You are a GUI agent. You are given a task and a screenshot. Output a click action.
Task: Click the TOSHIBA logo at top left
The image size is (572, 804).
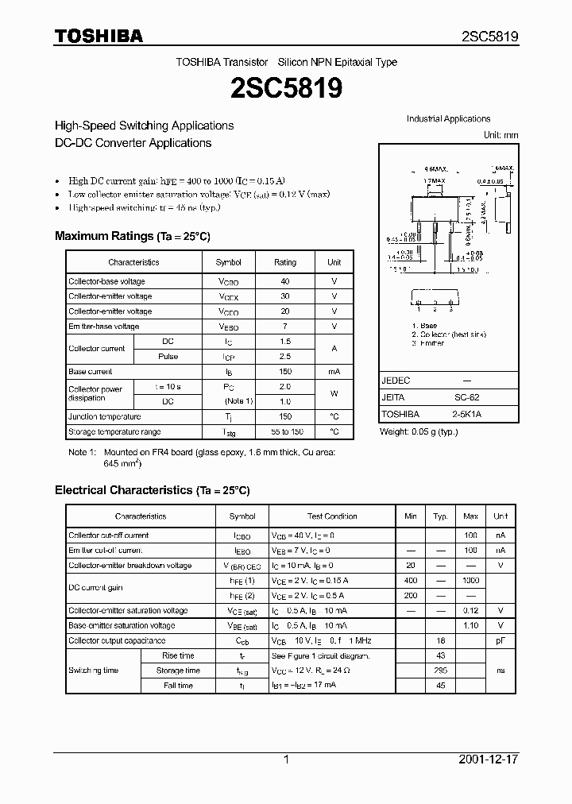(99, 36)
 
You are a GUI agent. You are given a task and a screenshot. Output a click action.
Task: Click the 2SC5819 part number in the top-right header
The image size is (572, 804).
(490, 37)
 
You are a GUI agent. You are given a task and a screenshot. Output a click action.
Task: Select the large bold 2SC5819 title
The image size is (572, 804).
(286, 88)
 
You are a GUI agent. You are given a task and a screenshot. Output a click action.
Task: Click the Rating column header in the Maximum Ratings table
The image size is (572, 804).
(284, 262)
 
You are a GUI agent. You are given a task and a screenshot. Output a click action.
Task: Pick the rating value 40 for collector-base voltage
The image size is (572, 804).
(284, 281)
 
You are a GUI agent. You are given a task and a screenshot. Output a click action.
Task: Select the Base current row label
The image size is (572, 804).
(91, 372)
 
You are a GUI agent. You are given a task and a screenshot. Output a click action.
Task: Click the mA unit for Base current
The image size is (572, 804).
(334, 372)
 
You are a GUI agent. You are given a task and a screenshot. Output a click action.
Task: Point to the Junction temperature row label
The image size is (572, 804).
(105, 417)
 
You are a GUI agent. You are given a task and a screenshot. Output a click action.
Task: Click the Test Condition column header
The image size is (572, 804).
(332, 516)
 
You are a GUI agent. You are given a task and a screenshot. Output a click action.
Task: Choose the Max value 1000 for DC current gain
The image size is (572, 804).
(470, 581)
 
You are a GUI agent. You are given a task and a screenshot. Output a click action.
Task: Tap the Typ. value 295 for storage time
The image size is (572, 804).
(440, 671)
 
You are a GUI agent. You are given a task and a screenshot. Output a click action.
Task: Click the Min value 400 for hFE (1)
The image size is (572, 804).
(410, 581)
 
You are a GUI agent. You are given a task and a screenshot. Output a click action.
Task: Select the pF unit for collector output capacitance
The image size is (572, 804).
(500, 640)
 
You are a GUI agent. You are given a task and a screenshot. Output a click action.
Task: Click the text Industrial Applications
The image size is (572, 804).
(448, 119)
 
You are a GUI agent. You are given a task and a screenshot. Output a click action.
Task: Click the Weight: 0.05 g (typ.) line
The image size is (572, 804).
(419, 431)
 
